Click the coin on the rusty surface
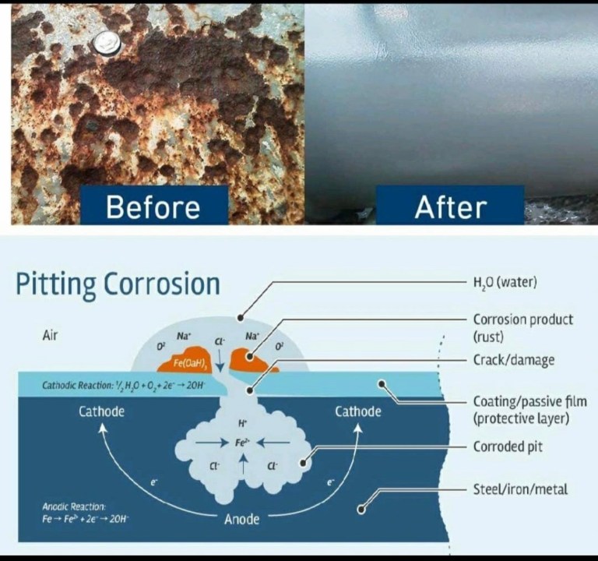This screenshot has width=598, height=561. tap(104, 44)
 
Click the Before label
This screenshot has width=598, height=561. tap(153, 207)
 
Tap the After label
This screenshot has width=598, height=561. tap(450, 207)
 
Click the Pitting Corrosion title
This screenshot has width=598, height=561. tap(118, 284)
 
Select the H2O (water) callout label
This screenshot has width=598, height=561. tap(505, 283)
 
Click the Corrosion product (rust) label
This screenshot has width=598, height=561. tap(522, 327)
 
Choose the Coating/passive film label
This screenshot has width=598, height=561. tap(529, 410)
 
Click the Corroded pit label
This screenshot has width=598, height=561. tap(508, 447)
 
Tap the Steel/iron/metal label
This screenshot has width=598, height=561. tap(520, 489)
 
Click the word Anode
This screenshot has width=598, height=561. tap(241, 518)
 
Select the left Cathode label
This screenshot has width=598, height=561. tap(101, 411)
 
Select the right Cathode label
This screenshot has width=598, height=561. tap(357, 411)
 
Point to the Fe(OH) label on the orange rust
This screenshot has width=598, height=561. tap(190, 362)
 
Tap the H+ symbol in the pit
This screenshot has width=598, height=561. tap(242, 423)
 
